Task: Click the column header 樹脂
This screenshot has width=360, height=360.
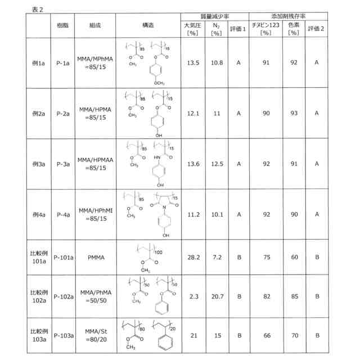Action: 62,26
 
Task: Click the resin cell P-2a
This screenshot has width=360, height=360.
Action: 62,113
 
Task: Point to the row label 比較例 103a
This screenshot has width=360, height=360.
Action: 39,336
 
